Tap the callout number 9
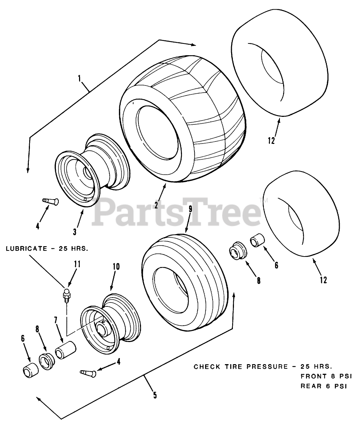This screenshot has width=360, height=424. pos(190,209)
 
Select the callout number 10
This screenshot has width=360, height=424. pos(116,266)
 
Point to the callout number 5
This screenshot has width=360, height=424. pos(154,395)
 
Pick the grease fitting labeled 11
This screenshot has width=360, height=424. pos(66,295)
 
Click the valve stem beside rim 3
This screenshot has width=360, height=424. pos(51,202)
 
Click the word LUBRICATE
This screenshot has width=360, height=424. pos(24,248)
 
